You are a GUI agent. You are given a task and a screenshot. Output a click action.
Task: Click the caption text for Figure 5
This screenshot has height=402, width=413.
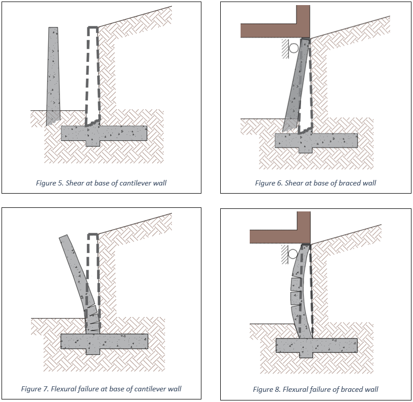click(101, 183)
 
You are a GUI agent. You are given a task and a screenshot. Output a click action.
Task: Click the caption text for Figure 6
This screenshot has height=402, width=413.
click(315, 183)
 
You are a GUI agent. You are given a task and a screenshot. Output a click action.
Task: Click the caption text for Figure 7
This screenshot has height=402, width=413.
click(101, 389)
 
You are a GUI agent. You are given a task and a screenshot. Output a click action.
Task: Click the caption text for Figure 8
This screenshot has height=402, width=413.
click(315, 389)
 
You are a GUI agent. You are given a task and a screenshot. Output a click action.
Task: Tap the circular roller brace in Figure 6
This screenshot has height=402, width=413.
click(293, 48)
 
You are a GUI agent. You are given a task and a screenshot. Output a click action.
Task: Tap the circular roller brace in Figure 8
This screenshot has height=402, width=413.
click(293, 254)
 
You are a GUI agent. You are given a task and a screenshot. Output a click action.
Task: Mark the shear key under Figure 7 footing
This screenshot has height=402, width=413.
click(93, 351)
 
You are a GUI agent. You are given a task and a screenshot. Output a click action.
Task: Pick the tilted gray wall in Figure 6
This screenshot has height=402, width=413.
click(296, 86)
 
